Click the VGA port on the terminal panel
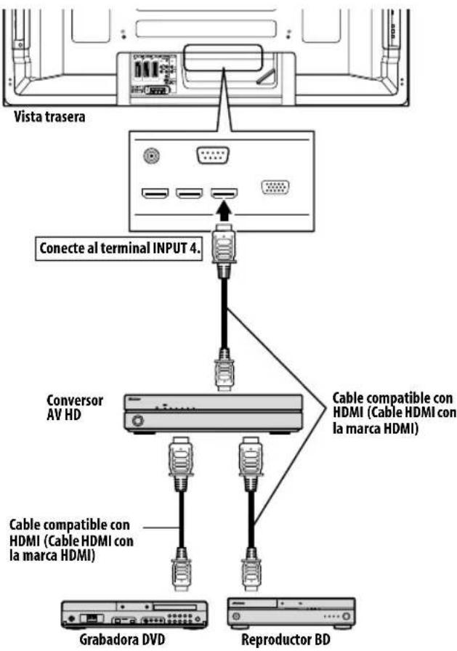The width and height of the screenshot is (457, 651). [275, 188]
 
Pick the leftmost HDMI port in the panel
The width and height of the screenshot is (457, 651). [155, 194]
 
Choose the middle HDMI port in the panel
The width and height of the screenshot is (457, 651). [190, 194]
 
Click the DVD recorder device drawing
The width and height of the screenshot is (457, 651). [134, 615]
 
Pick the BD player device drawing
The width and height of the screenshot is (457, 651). [291, 612]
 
